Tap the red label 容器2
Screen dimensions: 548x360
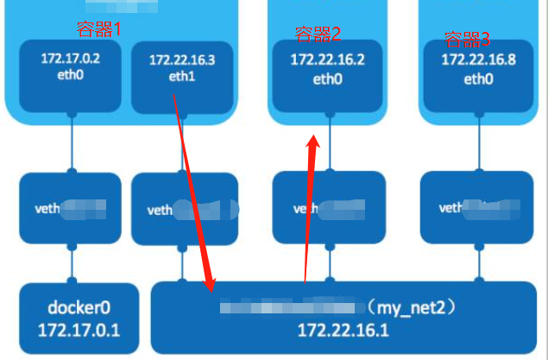point(318,35)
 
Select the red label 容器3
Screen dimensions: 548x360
point(467,39)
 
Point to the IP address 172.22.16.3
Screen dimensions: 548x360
point(181,60)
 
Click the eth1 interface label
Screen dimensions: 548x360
point(181,77)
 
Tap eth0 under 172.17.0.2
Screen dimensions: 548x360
point(71,75)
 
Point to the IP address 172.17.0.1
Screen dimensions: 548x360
point(79,330)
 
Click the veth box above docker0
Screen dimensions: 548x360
point(70,207)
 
